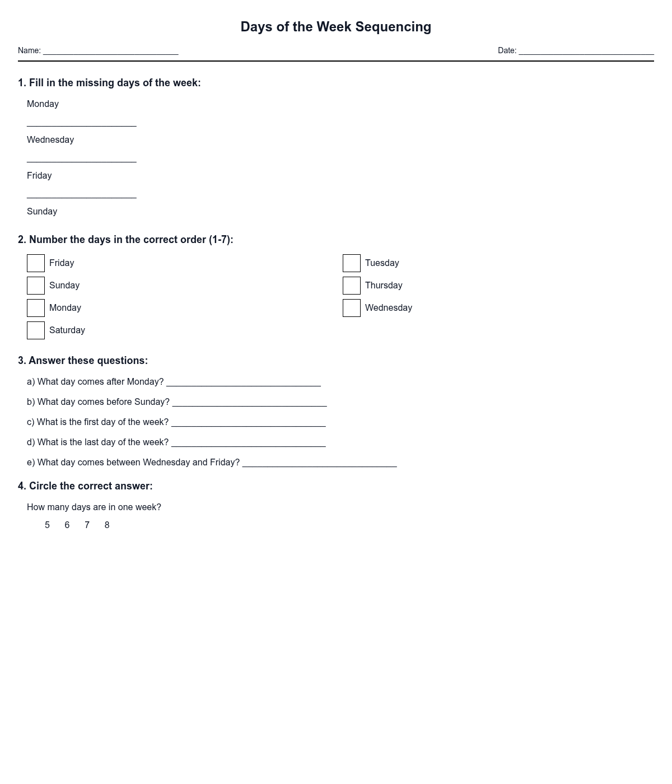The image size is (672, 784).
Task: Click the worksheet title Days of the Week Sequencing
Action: [335, 27]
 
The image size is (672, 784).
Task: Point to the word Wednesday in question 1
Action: [50, 140]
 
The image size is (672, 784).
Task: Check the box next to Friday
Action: [36, 263]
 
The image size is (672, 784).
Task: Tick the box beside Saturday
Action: [36, 330]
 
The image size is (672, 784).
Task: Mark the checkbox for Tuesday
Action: [352, 263]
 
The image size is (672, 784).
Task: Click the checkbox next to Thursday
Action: [352, 286]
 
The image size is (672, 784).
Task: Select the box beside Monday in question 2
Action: [36, 308]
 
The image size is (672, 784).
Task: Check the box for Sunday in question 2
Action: [36, 286]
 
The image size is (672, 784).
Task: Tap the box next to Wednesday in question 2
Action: [352, 308]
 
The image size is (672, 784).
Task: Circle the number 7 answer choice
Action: [87, 525]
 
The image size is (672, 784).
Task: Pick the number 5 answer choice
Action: [47, 525]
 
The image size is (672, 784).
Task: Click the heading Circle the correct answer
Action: [85, 486]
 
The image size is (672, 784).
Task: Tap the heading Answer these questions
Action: [83, 361]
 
